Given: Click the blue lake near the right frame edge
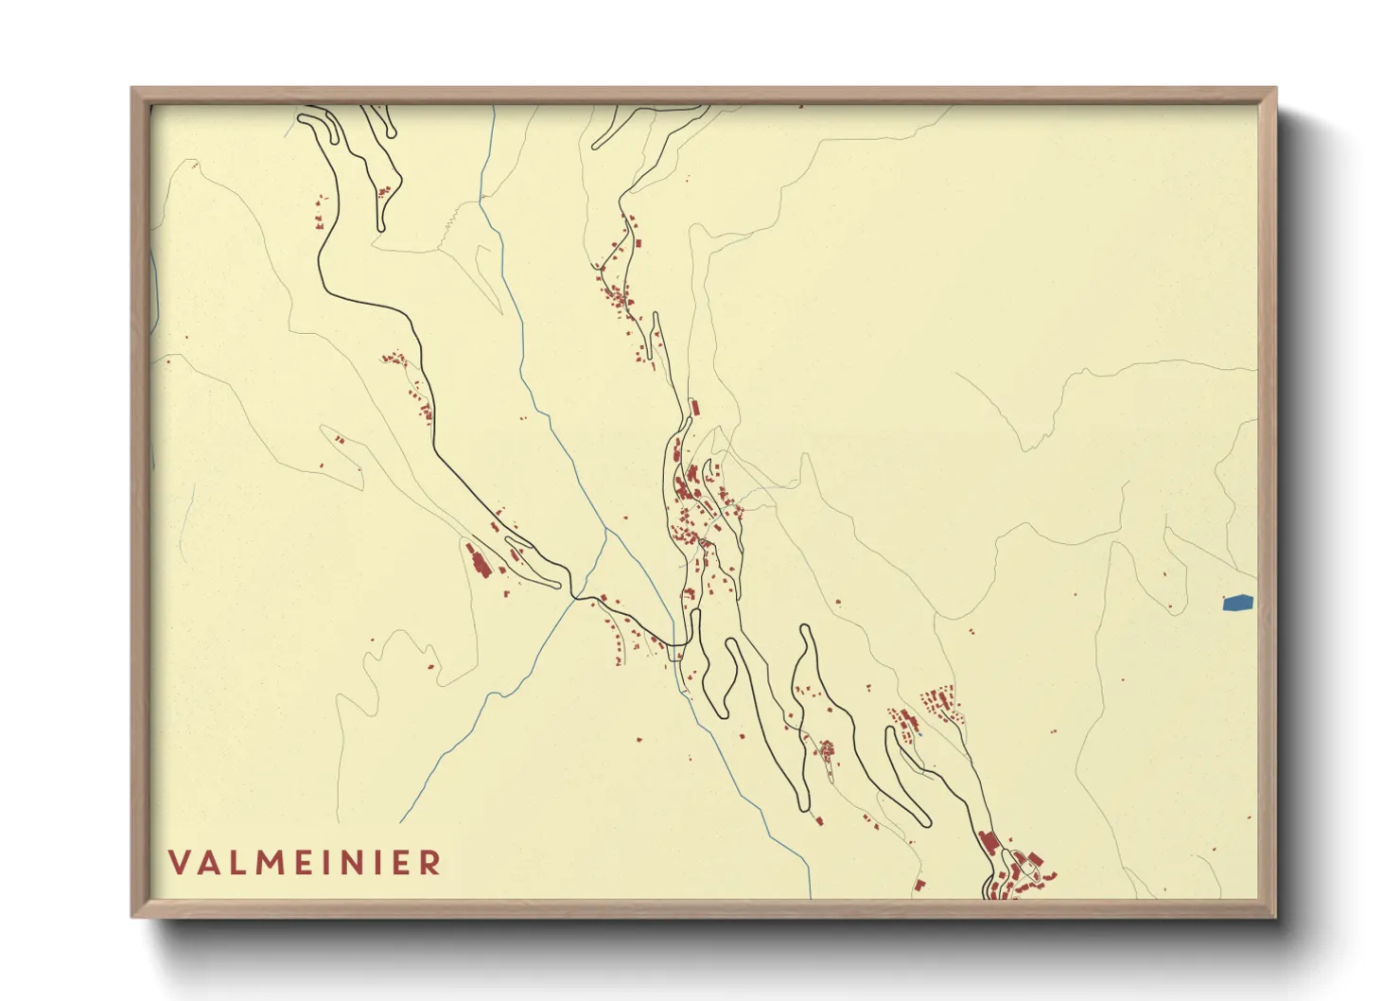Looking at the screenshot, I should (1237, 603).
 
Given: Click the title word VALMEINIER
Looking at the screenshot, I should (305, 863).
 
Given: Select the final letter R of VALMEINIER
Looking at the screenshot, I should (430, 863).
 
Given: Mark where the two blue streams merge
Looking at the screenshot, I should (606, 531).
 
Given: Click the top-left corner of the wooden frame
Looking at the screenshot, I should (132, 89).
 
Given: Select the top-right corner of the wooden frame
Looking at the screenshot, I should (1275, 89).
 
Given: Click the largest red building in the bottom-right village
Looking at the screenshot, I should (989, 842).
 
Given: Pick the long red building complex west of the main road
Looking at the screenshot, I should (478, 560).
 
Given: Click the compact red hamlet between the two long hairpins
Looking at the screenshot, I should (826, 750).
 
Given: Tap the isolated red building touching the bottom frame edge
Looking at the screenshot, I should (919, 887).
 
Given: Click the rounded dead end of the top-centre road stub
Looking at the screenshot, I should (596, 146).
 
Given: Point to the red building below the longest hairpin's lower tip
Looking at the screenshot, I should (818, 820).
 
